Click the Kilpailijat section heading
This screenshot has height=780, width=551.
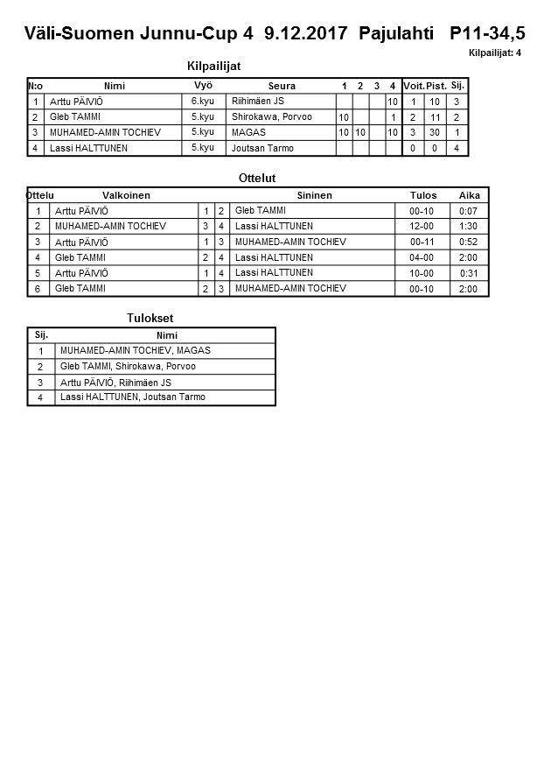[x=213, y=67]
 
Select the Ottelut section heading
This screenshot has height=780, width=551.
[x=257, y=178]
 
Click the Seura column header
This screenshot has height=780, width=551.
[x=282, y=86]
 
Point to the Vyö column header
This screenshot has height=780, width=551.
[x=203, y=85]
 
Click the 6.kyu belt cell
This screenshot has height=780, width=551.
[x=203, y=102]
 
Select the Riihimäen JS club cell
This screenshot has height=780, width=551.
[x=257, y=102]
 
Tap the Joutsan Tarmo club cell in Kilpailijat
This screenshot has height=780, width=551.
[x=262, y=148]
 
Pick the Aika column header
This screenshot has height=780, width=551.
[x=469, y=195]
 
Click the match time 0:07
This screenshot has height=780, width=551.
[x=468, y=211]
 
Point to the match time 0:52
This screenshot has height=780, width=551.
[x=468, y=242]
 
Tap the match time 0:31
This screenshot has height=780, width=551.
[x=469, y=273]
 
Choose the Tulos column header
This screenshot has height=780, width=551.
[x=423, y=195]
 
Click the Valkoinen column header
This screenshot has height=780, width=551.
[x=126, y=195]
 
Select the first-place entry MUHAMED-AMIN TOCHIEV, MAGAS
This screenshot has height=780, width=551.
[x=135, y=350]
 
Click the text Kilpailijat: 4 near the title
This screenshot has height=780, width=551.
[x=495, y=53]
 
